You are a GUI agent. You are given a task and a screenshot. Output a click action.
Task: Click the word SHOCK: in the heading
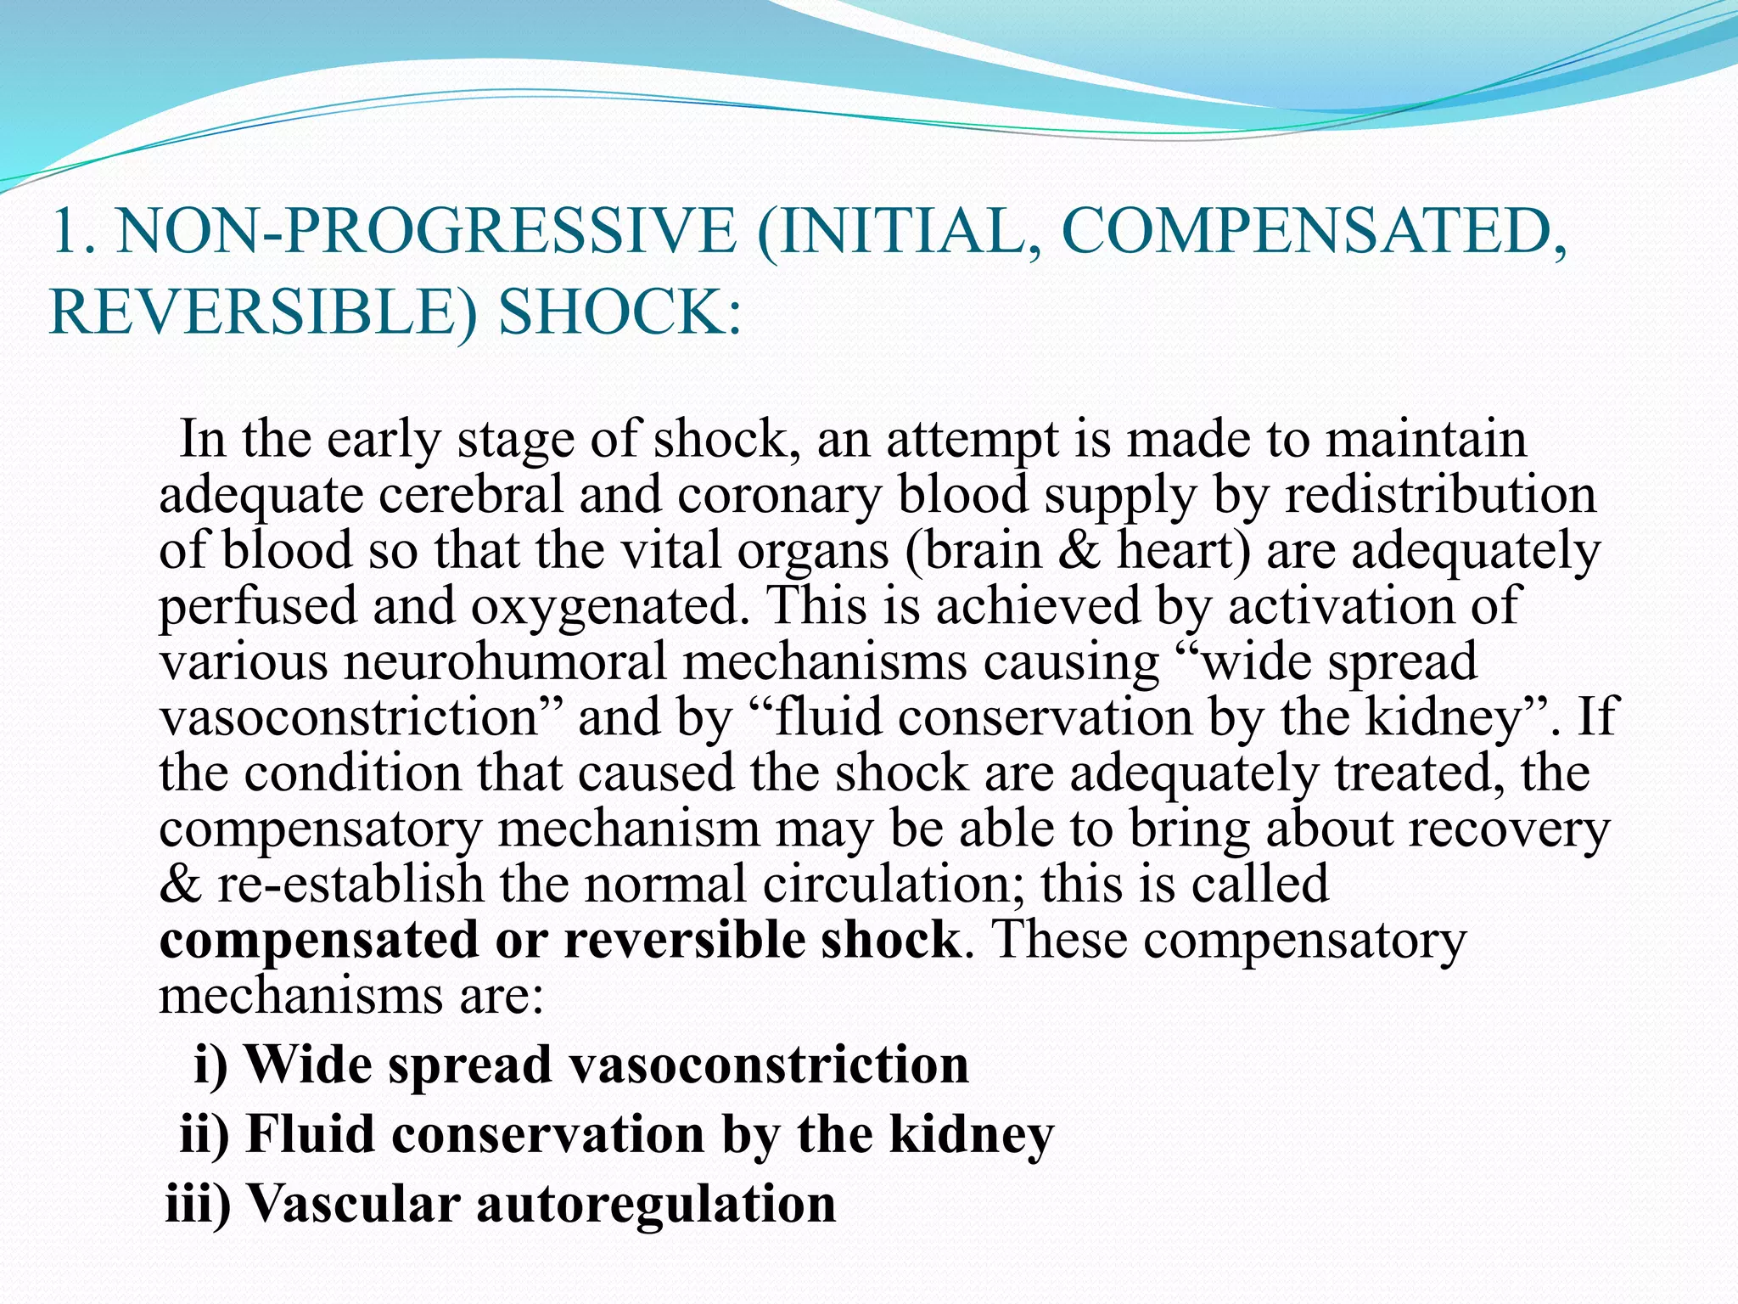pos(620,312)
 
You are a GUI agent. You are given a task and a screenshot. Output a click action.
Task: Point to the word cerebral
pos(471,495)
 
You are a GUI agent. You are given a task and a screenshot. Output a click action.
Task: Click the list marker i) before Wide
pos(211,1065)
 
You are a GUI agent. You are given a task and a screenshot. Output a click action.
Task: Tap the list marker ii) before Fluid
pos(205,1135)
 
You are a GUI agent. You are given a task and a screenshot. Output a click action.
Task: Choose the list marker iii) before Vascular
pos(198,1205)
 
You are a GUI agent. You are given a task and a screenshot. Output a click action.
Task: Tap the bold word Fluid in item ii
pos(310,1135)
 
